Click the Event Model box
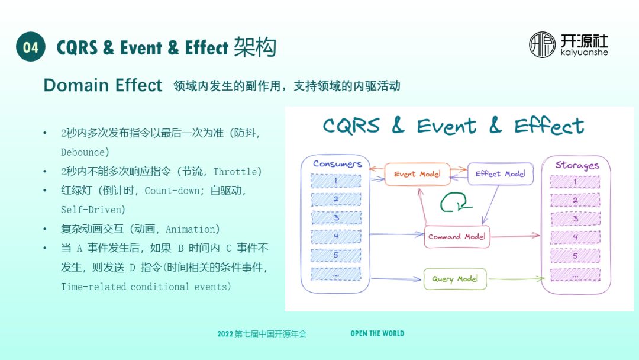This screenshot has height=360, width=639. coord(417,173)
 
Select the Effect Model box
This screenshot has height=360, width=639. coord(500,173)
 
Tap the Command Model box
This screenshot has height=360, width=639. coord(457,236)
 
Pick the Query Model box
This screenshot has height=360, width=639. coord(454,279)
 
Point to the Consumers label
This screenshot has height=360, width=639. coord(337,163)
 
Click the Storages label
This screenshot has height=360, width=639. coord(577,165)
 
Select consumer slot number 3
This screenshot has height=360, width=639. coord(335,218)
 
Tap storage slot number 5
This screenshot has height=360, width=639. coord(575,256)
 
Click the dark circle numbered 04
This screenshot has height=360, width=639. coord(31,47)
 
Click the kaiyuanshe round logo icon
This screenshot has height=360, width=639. coord(542,45)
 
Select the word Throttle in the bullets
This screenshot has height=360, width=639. coord(235,172)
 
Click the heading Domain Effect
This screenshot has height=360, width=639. coord(103,85)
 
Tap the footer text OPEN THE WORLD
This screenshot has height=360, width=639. coord(377,333)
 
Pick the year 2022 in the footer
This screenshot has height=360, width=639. coord(225,334)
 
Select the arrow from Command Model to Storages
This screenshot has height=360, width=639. coord(515,236)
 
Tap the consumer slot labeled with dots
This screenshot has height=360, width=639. coord(335,274)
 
